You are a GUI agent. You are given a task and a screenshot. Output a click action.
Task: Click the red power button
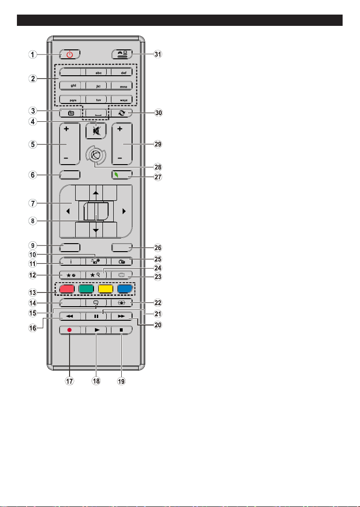point(70,54)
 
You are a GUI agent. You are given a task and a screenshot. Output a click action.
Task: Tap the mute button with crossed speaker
point(96,131)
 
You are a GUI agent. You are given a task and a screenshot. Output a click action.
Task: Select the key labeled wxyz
point(122,100)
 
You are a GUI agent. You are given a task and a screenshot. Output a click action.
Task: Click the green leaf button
point(122,175)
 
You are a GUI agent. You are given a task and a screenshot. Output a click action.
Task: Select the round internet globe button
point(96,156)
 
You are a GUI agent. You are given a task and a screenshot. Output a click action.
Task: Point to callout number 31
point(157,55)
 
